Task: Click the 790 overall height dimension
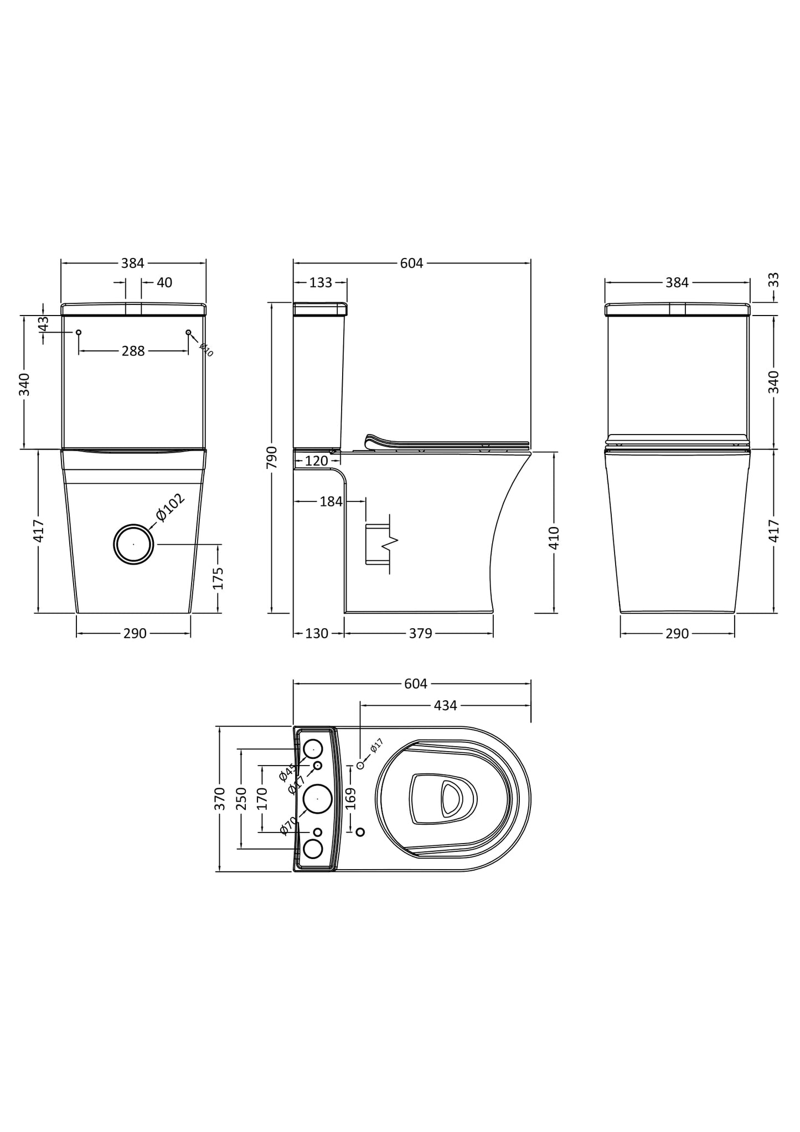(x=271, y=457)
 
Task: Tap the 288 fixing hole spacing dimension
(x=133, y=351)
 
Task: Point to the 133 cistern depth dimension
(x=320, y=282)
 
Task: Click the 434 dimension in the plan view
(x=445, y=705)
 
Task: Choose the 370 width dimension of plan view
(x=220, y=799)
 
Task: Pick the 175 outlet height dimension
(x=218, y=578)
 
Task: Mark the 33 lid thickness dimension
(x=773, y=280)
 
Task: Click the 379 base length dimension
(x=420, y=633)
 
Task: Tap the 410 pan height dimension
(x=554, y=537)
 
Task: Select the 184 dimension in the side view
(x=331, y=502)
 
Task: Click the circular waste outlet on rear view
(x=133, y=545)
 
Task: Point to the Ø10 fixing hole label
(x=206, y=350)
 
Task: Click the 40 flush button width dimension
(x=164, y=282)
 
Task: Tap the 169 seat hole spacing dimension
(x=350, y=798)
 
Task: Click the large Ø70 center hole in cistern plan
(x=317, y=799)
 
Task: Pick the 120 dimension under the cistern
(x=316, y=461)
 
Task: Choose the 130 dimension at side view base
(x=317, y=633)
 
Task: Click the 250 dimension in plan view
(x=241, y=799)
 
